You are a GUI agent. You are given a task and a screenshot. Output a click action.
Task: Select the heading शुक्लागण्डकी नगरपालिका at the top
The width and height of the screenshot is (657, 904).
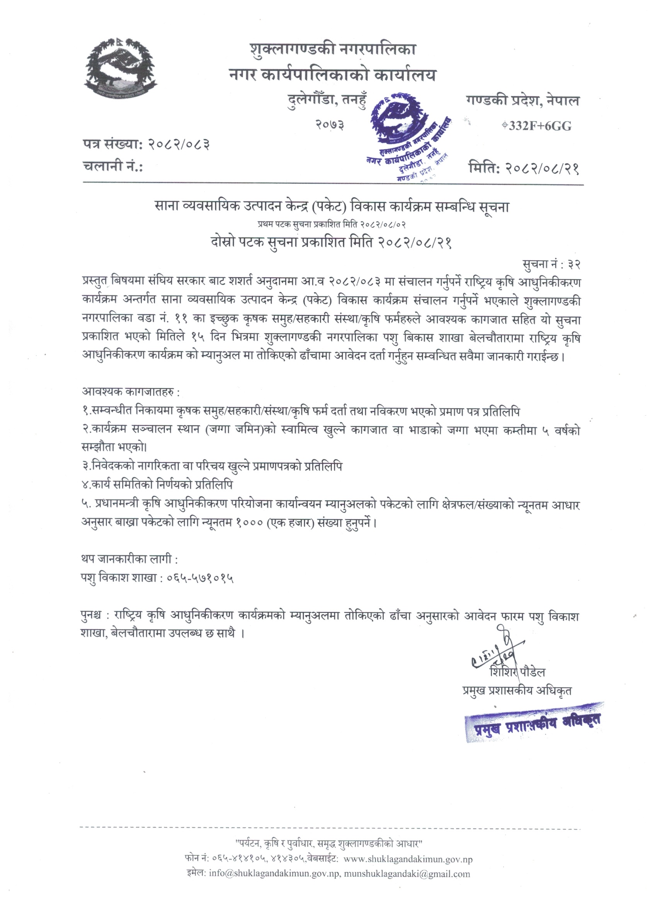point(333,49)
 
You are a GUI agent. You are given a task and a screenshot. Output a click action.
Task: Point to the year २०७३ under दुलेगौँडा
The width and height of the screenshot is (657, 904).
point(330,125)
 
